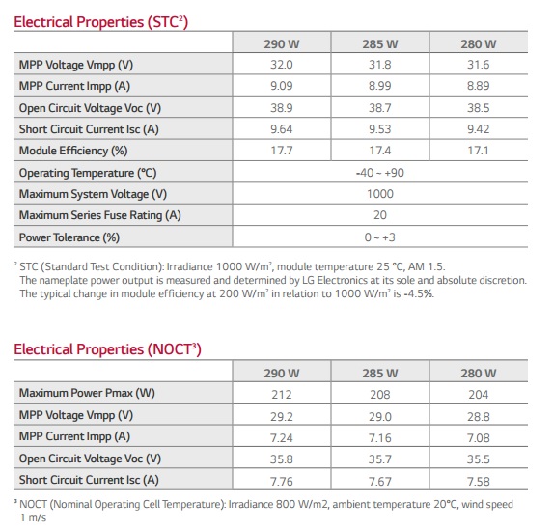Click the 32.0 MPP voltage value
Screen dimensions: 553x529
[x=282, y=65]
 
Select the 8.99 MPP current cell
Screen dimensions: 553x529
[x=380, y=86]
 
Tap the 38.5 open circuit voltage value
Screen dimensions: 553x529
[x=479, y=108]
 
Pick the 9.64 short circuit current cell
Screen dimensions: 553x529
[x=282, y=129]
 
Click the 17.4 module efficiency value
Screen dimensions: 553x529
[x=380, y=151]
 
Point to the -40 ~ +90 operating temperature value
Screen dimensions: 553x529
[x=380, y=173]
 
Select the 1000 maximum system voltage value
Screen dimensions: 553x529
[x=380, y=194]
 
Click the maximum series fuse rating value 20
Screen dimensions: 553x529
[x=380, y=214]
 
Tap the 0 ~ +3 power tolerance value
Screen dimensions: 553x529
[x=380, y=237]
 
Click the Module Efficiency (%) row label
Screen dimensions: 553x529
[x=73, y=151]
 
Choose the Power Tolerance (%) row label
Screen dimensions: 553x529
[x=69, y=237]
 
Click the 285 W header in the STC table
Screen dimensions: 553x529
[x=380, y=44]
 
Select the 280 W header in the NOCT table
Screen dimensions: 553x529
[x=479, y=374]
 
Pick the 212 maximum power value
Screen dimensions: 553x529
[x=282, y=394]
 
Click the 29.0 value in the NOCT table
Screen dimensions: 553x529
[x=380, y=417]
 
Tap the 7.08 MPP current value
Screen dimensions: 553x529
[x=479, y=438]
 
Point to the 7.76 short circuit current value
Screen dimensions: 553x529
[x=282, y=482]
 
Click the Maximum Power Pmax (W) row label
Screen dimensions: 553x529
[x=87, y=393]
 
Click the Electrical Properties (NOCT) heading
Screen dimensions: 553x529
[x=107, y=349]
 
